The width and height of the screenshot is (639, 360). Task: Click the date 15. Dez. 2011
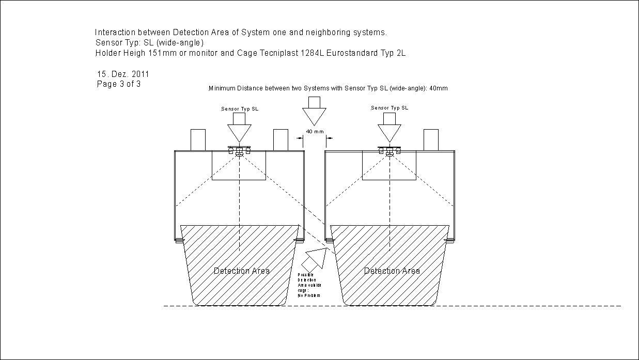coord(123,74)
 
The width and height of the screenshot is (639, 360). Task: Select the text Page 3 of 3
coord(119,84)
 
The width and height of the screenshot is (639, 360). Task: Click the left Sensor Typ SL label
coord(240,109)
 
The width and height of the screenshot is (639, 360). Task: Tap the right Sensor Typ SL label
coord(389,108)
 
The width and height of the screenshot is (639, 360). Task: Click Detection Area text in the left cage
coord(242,271)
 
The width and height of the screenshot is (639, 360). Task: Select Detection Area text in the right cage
coord(392,271)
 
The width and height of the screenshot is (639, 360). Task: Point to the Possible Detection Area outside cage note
coord(309,285)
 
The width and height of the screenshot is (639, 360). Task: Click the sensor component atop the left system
coord(239,150)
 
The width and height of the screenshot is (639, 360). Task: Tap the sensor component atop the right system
coord(389,150)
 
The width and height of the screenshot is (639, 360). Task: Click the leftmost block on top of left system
coord(198,139)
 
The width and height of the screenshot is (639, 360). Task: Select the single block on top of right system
coord(431,139)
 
